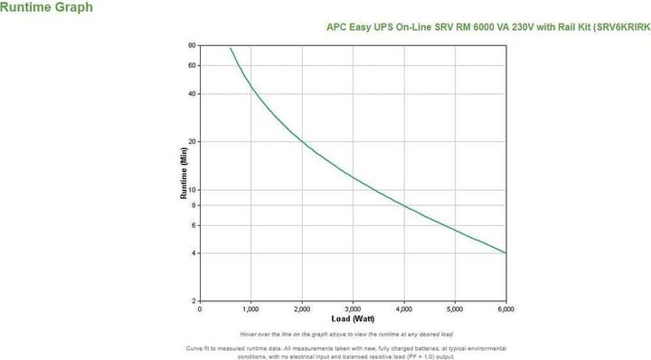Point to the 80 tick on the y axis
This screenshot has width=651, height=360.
pyautogui.click(x=192, y=45)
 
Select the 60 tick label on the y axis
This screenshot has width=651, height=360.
pyautogui.click(x=192, y=65)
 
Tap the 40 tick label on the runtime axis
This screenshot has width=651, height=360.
pyautogui.click(x=192, y=94)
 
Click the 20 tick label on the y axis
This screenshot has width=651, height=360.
pyautogui.click(x=192, y=142)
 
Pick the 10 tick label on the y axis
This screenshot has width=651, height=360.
pyautogui.click(x=192, y=190)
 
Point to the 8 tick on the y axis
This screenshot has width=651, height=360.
pyautogui.click(x=193, y=205)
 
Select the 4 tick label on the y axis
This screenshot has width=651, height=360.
pyautogui.click(x=193, y=253)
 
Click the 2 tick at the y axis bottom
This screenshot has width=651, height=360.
pyautogui.click(x=193, y=301)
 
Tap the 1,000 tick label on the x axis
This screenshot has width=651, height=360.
pyautogui.click(x=250, y=309)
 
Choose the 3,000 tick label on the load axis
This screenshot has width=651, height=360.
pyautogui.click(x=353, y=309)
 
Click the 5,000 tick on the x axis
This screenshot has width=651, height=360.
pyautogui.click(x=455, y=309)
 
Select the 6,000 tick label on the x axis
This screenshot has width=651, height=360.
pyautogui.click(x=506, y=309)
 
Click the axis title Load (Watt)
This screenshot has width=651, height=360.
pyautogui.click(x=352, y=319)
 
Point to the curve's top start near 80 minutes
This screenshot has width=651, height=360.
pyautogui.click(x=231, y=49)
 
